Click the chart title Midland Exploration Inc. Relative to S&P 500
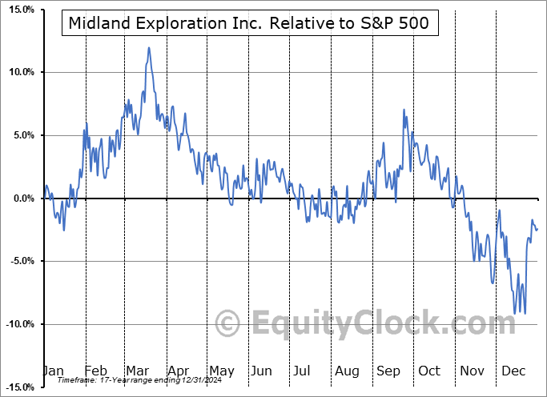[x=249, y=23]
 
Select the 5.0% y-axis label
[x=20, y=135]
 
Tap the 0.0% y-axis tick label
[x=20, y=198]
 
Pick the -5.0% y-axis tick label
[x=19, y=261]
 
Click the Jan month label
[x=53, y=371]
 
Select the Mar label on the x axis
[x=137, y=371]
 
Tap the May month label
[x=222, y=371]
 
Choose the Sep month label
[x=388, y=371]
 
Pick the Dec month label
[x=513, y=371]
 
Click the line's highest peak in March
[x=148, y=48]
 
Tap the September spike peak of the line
[x=404, y=110]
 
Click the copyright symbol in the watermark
[x=229, y=323]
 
